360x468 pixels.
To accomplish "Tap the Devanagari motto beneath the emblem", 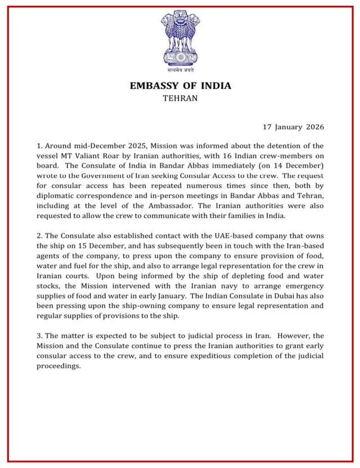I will coord(180,71).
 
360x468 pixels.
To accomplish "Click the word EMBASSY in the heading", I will coord(155,86).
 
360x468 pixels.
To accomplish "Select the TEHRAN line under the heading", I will coord(180,98).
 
